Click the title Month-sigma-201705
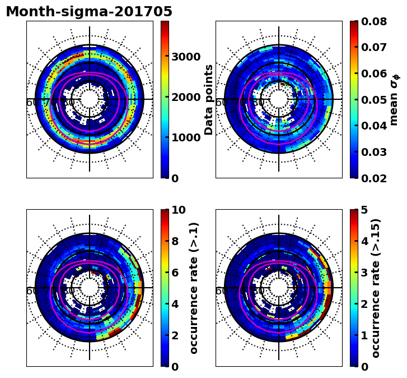89,12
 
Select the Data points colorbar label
209,99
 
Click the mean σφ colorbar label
395,99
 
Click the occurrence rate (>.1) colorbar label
194,288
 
